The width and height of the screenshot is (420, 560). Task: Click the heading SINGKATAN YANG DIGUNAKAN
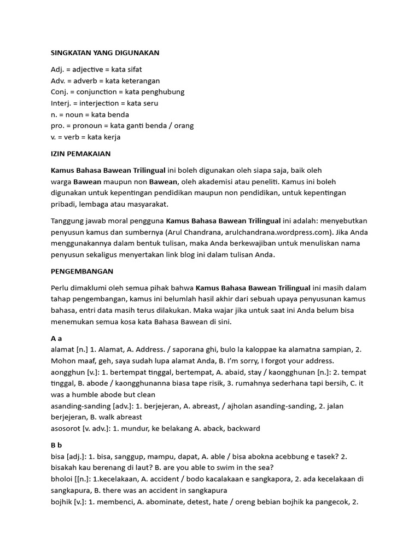[x=104, y=52]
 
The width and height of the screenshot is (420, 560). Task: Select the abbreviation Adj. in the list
[x=57, y=70]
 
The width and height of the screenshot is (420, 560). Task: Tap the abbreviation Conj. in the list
[x=60, y=92]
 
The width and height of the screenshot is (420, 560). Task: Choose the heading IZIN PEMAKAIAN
[x=80, y=154]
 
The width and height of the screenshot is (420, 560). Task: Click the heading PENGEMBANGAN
[x=81, y=271]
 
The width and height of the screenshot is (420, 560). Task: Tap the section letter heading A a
[x=56, y=339]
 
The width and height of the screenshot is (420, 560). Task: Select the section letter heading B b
[x=56, y=445]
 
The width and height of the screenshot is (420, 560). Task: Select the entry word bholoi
[x=62, y=479]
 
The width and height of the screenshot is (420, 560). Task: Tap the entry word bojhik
[x=62, y=501]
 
